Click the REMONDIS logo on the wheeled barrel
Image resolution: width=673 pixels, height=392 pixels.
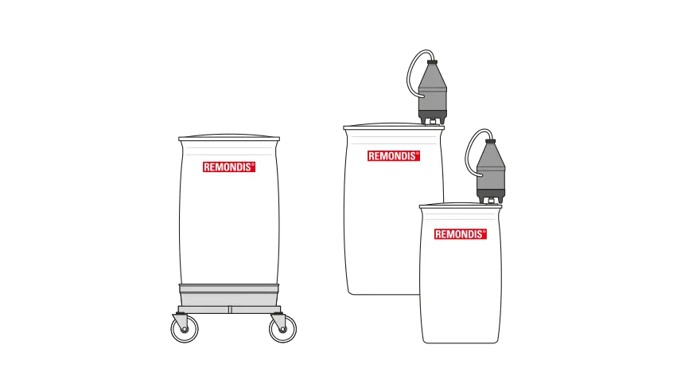tap(229, 167)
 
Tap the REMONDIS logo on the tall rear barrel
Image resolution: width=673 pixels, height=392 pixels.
tap(394, 156)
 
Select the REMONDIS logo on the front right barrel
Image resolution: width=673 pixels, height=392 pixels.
tap(460, 233)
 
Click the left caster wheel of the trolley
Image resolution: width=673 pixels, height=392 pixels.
tap(185, 329)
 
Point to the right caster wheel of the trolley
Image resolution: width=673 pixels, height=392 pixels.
tap(282, 329)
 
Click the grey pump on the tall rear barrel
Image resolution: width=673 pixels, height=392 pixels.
tap(433, 92)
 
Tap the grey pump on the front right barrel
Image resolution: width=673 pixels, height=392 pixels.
tap(491, 171)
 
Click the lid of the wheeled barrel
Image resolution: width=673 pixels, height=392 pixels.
tap(229, 138)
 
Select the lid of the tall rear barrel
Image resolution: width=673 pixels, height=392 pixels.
tap(394, 127)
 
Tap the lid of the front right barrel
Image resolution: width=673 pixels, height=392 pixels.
tap(460, 206)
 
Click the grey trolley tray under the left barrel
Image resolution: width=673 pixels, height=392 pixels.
tap(229, 295)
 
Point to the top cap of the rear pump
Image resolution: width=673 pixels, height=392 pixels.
tap(432, 62)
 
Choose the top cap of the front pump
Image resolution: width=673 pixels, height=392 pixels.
tap(490, 141)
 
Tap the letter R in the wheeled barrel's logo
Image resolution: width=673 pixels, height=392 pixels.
tap(207, 167)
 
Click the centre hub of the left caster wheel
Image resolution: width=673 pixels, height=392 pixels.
tap(185, 329)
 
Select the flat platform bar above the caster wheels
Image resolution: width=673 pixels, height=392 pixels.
tap(229, 309)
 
